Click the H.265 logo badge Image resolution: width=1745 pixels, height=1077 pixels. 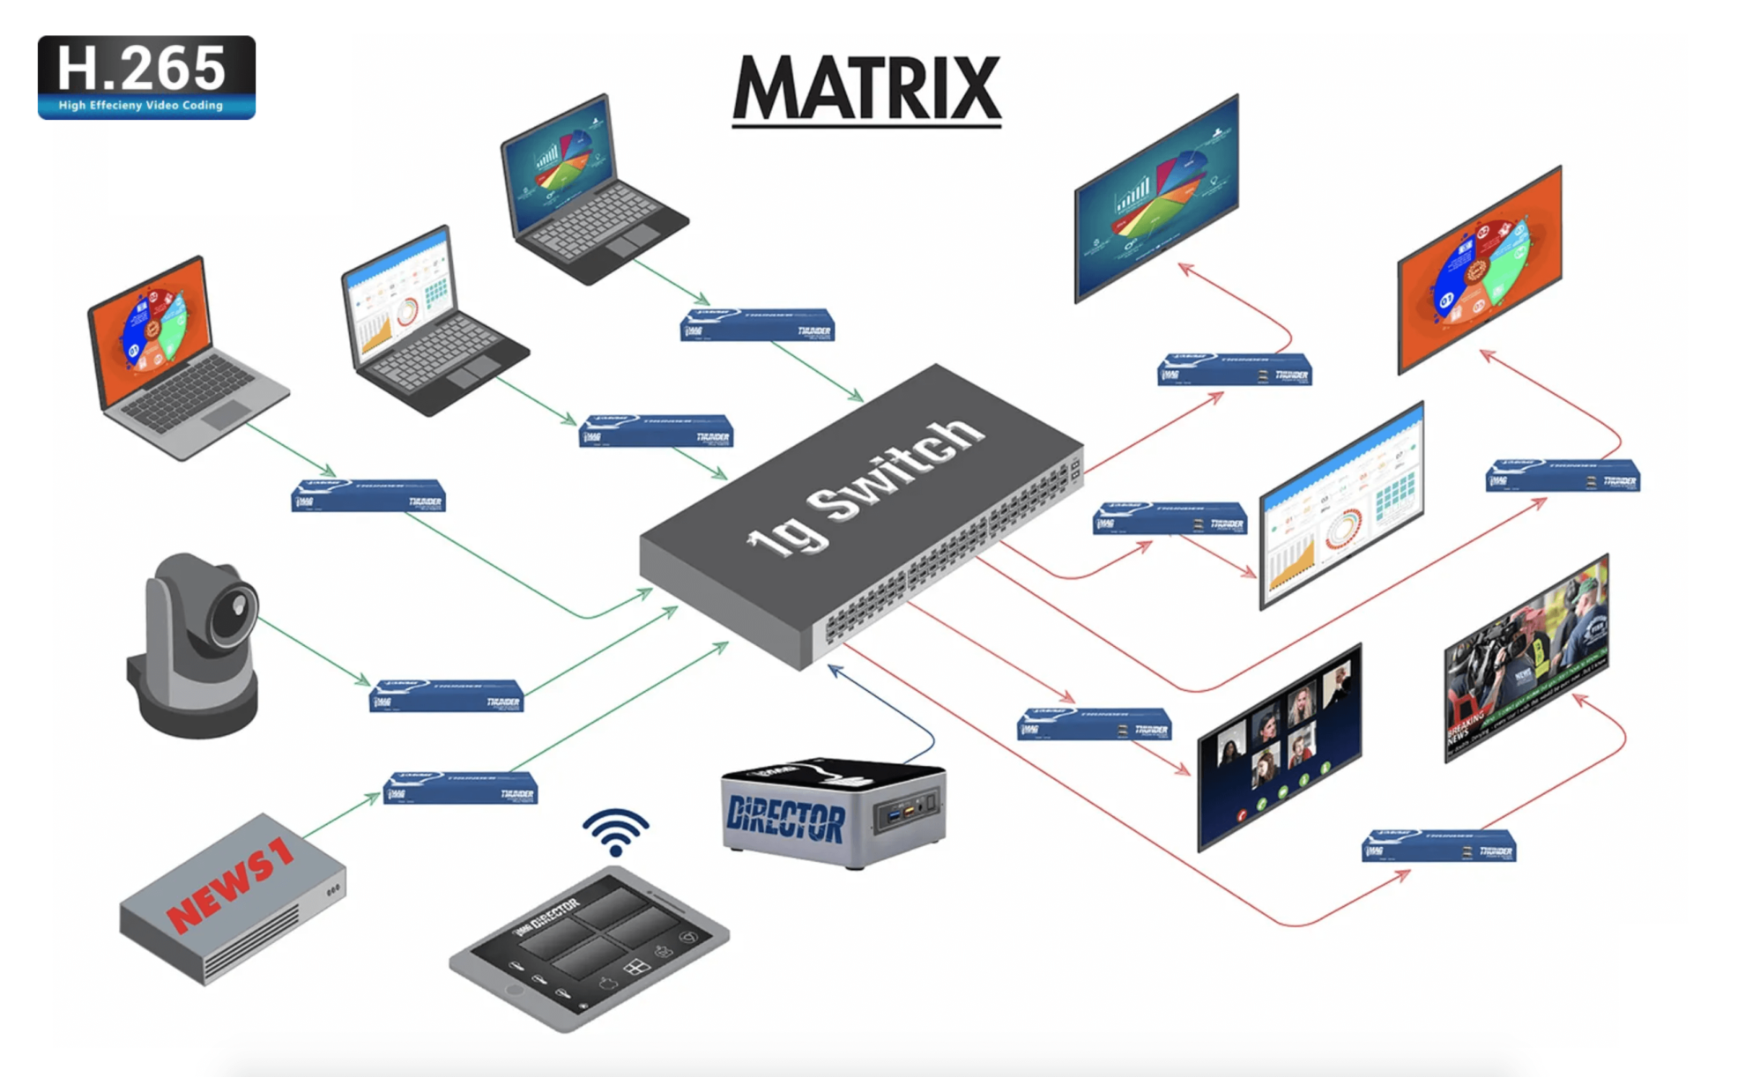pyautogui.click(x=146, y=77)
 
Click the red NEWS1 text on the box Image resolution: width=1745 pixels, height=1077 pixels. pyautogui.click(x=230, y=884)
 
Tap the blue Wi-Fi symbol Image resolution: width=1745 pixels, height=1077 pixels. pyautogui.click(x=615, y=832)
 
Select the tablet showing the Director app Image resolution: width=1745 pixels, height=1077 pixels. pyautogui.click(x=589, y=948)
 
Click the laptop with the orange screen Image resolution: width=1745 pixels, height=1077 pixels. pyautogui.click(x=176, y=353)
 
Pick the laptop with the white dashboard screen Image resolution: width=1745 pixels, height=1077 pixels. pyautogui.click(x=423, y=317)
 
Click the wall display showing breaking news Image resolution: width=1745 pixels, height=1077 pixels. pyautogui.click(x=1526, y=656)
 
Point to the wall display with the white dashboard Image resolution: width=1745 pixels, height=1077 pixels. pyautogui.click(x=1341, y=506)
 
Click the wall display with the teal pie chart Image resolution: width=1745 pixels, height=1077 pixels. pyautogui.click(x=1156, y=198)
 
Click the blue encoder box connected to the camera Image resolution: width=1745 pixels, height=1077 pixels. pyautogui.click(x=446, y=695)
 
